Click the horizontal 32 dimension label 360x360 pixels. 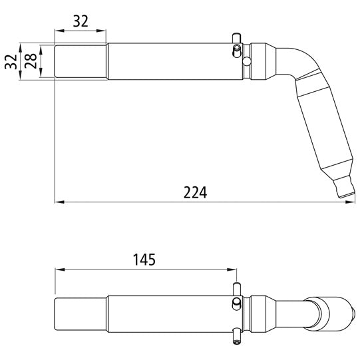click(80, 21)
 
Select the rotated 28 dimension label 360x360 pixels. click(29, 62)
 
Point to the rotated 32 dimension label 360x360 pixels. click(9, 62)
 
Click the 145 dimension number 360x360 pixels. click(144, 260)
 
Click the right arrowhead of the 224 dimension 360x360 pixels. click(351, 202)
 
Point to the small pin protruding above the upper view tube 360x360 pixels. click(234, 39)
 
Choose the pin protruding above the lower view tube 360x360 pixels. click(236, 288)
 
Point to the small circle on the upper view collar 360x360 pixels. click(246, 62)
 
